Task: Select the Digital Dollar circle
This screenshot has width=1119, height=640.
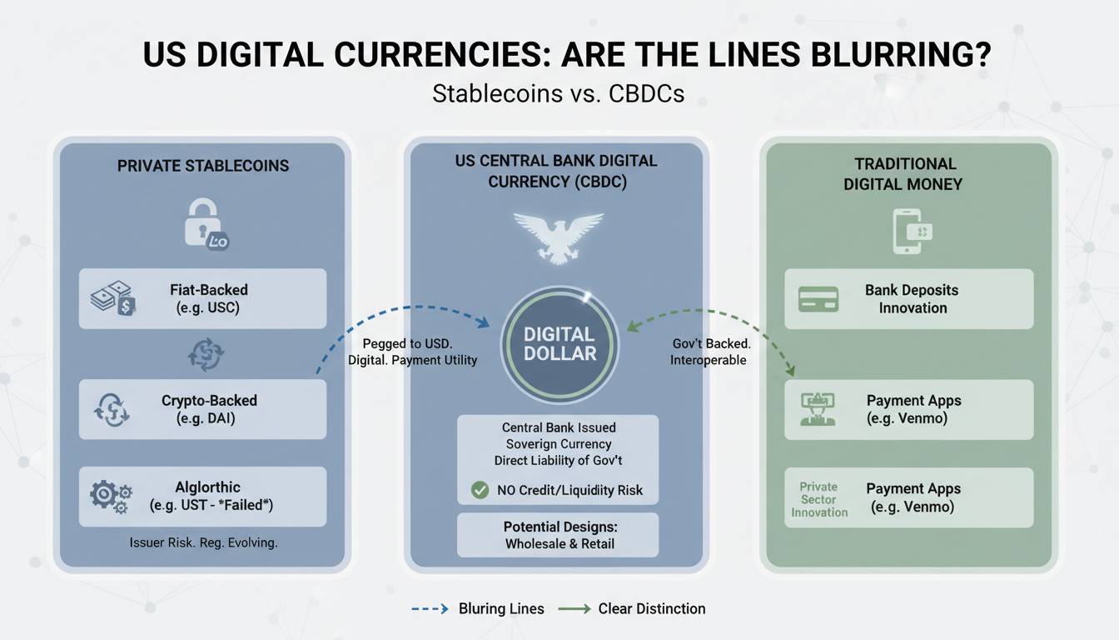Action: pos(559,343)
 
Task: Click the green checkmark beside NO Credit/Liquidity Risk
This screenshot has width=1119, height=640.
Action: pos(480,490)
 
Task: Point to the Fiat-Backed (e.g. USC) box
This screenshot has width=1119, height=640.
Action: pos(202,298)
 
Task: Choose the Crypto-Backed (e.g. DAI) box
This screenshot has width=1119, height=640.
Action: pos(202,409)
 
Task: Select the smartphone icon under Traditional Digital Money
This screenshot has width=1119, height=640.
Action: pos(911,230)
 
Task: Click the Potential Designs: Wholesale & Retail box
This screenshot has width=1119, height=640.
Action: pos(558,535)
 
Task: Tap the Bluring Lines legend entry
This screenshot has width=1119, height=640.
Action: pos(478,609)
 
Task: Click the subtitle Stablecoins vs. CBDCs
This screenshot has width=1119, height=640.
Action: pos(558,93)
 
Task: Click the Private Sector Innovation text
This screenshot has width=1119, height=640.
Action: pos(818,500)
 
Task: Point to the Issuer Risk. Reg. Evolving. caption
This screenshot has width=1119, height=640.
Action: pos(203,542)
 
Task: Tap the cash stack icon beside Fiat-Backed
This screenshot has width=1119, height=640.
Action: pos(112,299)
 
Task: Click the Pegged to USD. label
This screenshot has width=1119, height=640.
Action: pos(407,343)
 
